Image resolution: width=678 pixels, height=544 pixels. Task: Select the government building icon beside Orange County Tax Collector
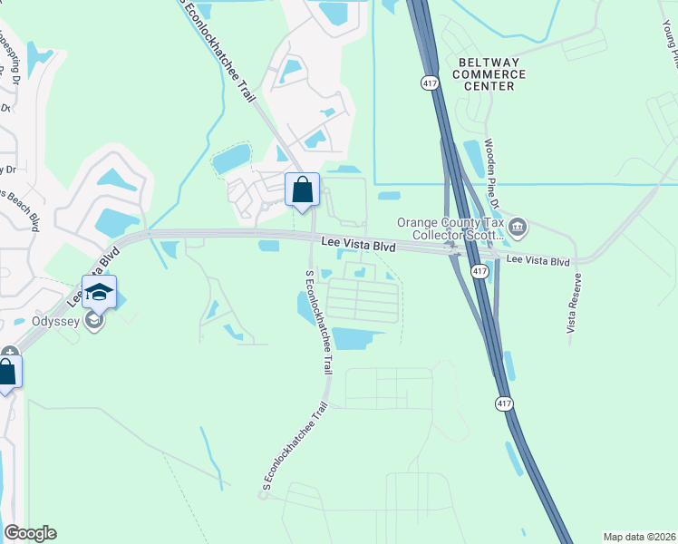pos(518,227)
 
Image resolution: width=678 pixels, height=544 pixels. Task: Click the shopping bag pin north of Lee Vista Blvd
pos(303,190)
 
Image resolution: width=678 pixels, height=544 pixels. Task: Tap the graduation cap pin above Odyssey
pos(100,292)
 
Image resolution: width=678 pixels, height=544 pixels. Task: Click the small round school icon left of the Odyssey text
pos(92,321)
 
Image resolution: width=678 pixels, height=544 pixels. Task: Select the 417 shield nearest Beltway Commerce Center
pos(429,83)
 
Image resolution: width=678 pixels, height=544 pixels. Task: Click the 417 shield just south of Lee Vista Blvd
pos(478,270)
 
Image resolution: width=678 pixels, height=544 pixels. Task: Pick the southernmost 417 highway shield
pos(503,401)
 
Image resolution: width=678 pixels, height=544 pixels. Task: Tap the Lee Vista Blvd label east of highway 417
pos(538,261)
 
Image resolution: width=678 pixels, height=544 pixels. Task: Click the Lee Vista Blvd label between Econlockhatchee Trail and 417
pos(359,245)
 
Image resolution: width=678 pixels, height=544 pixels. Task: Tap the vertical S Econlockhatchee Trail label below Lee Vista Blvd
pos(318,322)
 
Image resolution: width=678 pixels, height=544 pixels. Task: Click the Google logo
pos(30,533)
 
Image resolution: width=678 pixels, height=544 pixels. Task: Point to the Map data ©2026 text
pos(638,537)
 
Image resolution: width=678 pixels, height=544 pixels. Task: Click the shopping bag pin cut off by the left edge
pos(7,373)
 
